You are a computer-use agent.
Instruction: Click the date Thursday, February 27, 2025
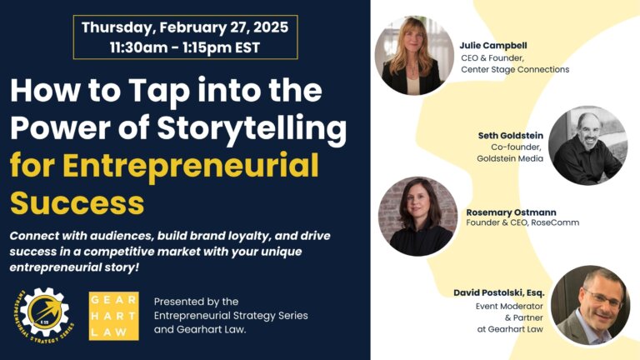point(185,27)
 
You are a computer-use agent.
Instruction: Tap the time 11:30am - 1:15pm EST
point(185,47)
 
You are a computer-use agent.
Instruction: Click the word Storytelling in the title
point(252,128)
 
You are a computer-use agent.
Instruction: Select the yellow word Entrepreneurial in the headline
point(191,166)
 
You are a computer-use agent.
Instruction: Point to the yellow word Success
point(77,202)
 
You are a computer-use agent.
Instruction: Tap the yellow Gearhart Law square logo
point(114,316)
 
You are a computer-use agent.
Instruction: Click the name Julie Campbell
point(493,45)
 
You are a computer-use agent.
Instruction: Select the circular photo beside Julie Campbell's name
point(414,56)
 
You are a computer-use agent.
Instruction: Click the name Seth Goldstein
point(511,136)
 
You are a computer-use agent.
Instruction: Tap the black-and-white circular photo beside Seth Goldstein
point(587,146)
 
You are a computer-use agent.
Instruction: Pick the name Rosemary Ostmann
point(511,212)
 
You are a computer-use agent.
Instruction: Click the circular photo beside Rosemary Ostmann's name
point(418,217)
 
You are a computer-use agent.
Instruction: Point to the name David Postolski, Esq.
point(499,292)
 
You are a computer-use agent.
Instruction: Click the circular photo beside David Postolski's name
point(590,305)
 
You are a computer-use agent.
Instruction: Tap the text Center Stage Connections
point(515,69)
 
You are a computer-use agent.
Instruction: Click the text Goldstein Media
point(510,158)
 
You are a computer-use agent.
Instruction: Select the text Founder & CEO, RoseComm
point(522,222)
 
